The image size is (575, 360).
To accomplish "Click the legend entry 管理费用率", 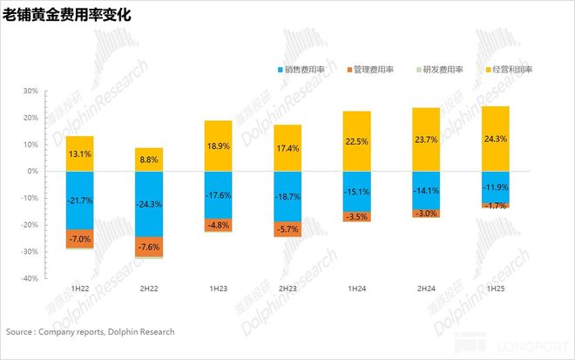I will click(x=375, y=69).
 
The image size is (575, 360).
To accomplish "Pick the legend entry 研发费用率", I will click(x=443, y=69).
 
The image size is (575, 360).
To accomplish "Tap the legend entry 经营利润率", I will click(x=510, y=69).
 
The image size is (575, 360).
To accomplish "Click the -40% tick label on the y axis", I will click(x=29, y=278).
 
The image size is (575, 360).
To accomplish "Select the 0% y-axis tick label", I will click(x=32, y=171).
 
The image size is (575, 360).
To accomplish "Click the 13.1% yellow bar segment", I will click(x=80, y=154).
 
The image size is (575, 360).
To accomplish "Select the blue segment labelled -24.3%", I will click(x=149, y=204).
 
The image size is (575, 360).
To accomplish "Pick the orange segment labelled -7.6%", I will click(x=149, y=246).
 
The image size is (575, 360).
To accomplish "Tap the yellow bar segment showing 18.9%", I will click(x=218, y=146).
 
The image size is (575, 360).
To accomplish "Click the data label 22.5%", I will click(x=357, y=141).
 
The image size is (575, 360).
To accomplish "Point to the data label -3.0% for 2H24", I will click(x=426, y=214).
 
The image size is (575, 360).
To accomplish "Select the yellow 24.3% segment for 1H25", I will click(x=496, y=138).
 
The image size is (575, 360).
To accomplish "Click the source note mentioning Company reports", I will click(x=91, y=332).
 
